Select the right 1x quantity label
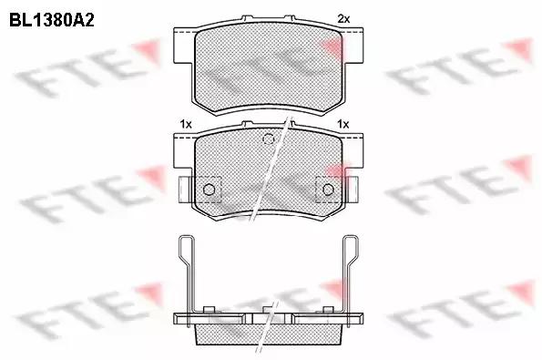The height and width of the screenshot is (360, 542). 343,122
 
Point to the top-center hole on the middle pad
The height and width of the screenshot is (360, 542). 269,139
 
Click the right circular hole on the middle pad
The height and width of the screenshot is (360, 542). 329,189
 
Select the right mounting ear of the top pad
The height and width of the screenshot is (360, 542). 356,36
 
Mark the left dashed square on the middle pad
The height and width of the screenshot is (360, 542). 210,187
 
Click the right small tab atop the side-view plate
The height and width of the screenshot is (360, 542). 326,308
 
